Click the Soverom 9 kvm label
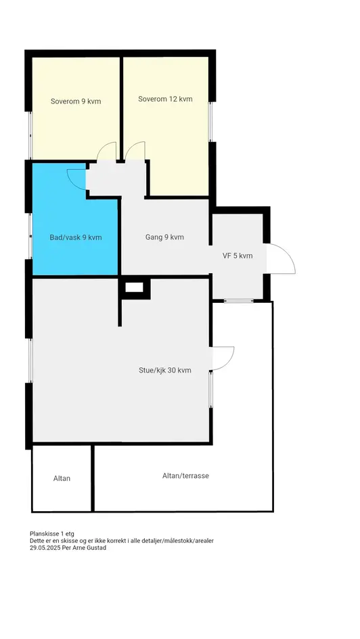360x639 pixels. coord(75,101)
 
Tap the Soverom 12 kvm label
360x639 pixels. coord(165,99)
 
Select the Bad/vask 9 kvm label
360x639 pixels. coord(76,237)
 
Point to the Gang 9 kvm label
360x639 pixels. coord(164,237)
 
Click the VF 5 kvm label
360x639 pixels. coord(238,256)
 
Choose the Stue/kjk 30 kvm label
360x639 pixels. coord(165,370)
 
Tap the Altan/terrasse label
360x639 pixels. coord(185,475)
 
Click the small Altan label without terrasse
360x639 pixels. coord(62,479)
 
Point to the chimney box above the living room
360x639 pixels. coord(134,287)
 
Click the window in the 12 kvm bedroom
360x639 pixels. coord(210,122)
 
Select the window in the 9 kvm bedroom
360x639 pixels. coord(30,135)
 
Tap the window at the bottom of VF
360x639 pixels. coord(239,301)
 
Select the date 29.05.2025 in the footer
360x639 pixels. coord(43,548)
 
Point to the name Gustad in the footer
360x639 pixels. coord(97,548)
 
